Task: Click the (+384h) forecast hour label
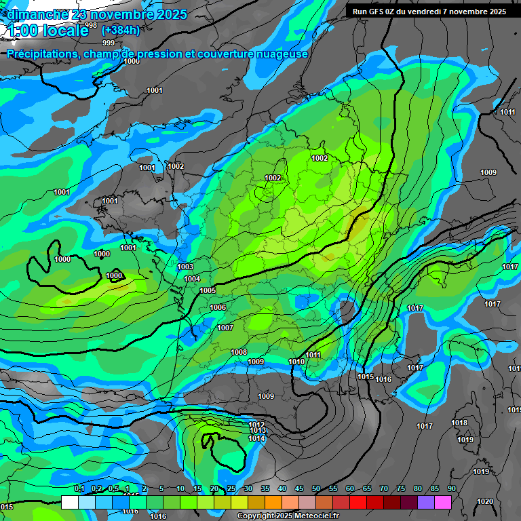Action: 121,30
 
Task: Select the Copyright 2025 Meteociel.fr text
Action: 288,516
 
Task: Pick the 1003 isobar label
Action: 185,267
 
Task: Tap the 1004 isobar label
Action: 192,279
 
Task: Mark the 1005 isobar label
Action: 208,290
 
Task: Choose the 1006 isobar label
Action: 218,307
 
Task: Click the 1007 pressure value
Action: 225,328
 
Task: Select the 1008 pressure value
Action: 239,352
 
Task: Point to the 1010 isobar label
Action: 296,362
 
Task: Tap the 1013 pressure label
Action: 257,430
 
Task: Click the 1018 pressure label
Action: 459,423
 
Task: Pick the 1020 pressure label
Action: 485,501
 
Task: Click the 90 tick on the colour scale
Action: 451,488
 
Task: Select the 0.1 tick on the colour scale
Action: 79,488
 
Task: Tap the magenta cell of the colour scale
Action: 443,502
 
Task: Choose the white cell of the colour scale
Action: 70,502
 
